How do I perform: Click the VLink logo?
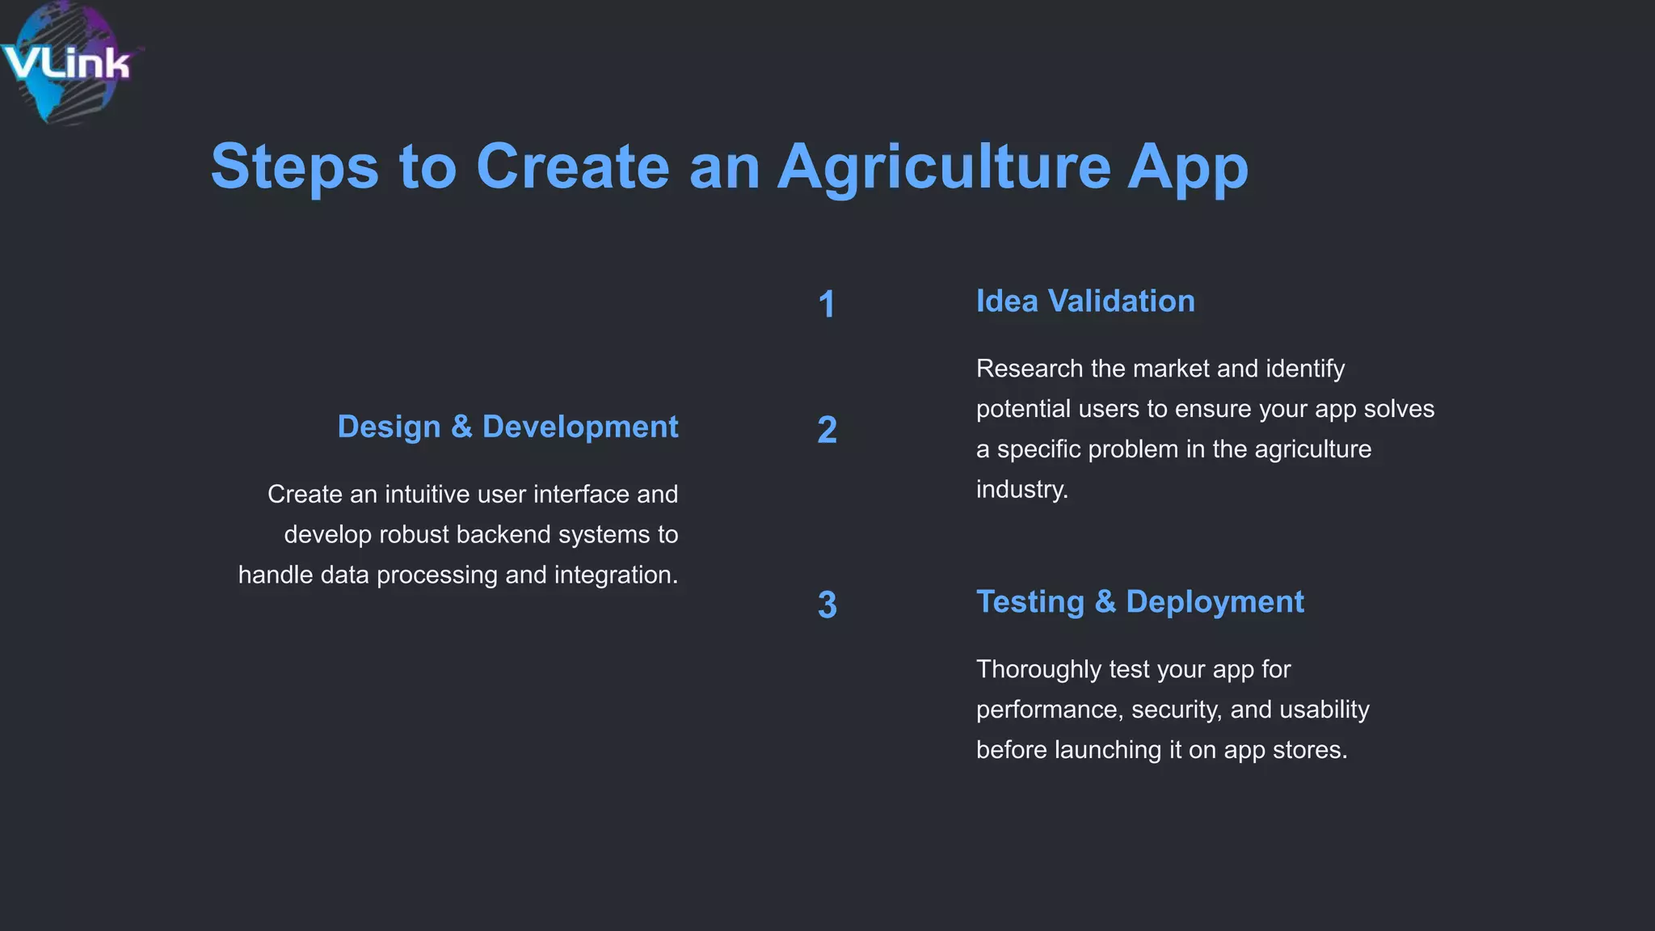pos(66,63)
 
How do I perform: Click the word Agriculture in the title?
pos(943,166)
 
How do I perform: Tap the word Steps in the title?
pos(294,166)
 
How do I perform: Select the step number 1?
pos(826,305)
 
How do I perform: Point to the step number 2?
pos(827,430)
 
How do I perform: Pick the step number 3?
pos(827,605)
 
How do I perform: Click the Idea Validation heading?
pos(1084,301)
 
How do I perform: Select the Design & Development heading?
pos(507,427)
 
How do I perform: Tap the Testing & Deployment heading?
pos(1139,602)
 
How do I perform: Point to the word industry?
pos(1021,490)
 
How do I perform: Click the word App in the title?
pos(1187,166)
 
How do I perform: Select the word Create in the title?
pos(572,166)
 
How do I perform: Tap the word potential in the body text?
pos(1023,409)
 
